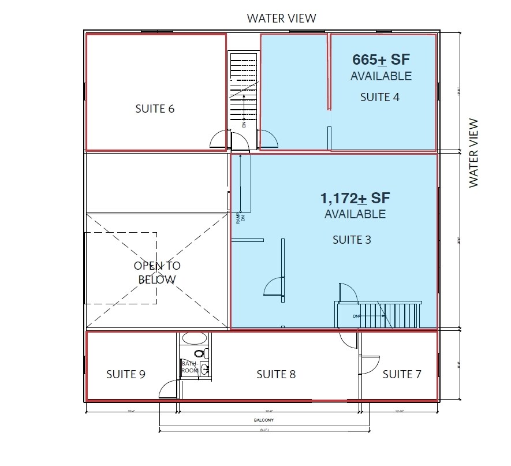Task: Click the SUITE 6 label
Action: (x=155, y=109)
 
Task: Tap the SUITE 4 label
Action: (x=379, y=97)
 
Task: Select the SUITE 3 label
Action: (x=352, y=240)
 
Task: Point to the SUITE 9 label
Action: (x=126, y=374)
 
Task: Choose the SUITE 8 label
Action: (x=276, y=374)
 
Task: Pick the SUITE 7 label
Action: (x=402, y=374)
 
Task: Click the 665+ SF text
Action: (x=381, y=59)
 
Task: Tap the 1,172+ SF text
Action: (x=355, y=199)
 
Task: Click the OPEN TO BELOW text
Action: (x=156, y=273)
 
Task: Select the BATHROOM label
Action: (x=190, y=367)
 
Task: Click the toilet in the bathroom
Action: (x=200, y=353)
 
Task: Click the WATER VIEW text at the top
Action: (x=281, y=18)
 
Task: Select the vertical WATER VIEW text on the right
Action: (x=473, y=153)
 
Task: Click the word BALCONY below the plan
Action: (x=264, y=421)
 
